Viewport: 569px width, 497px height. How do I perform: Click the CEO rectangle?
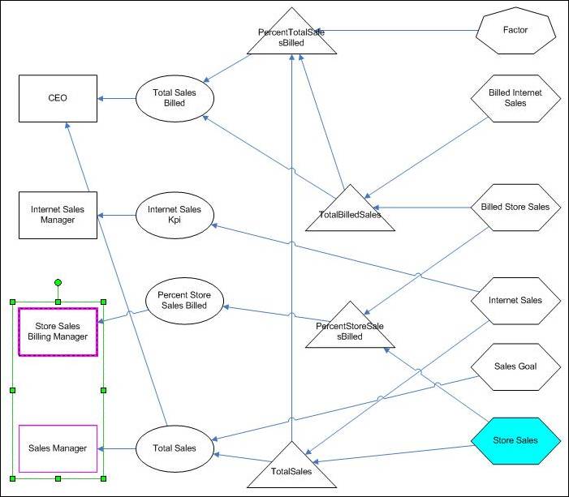pos(58,99)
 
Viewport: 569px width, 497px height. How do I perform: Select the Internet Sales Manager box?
pos(58,215)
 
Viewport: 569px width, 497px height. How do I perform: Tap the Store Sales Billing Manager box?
pos(58,332)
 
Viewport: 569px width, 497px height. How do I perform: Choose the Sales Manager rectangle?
pos(58,448)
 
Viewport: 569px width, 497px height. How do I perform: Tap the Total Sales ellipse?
pos(175,448)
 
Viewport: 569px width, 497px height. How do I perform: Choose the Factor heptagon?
pos(515,31)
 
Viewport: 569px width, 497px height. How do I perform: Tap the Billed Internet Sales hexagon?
pos(517,99)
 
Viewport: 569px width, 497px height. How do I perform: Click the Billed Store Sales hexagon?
pos(515,207)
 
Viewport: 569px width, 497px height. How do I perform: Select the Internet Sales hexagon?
pos(515,301)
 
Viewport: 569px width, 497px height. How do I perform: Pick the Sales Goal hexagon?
pos(515,366)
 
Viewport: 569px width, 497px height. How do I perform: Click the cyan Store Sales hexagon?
pos(515,441)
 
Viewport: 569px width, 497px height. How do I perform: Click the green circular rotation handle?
pos(58,283)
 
